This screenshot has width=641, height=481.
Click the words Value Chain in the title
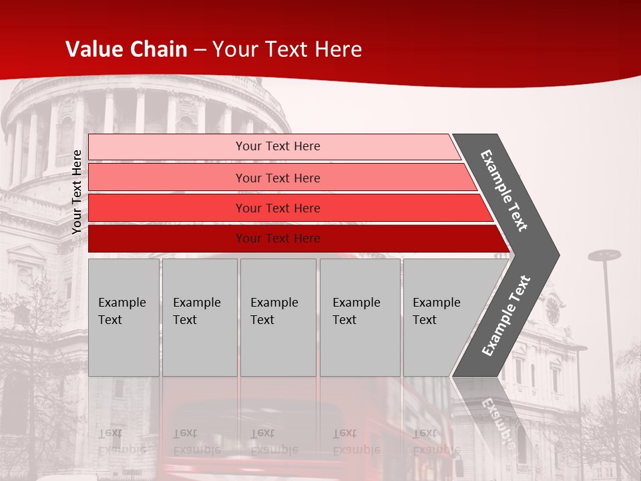(126, 49)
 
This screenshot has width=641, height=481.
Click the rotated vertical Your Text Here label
(77, 192)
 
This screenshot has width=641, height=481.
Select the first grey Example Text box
(124, 317)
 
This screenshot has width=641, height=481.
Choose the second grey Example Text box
(200, 317)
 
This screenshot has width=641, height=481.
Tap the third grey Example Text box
(278, 317)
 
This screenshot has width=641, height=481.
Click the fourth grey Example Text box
(360, 317)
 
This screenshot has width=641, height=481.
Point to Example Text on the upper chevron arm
(504, 190)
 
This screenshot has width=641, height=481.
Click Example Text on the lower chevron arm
(506, 316)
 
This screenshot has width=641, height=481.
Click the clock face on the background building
(553, 310)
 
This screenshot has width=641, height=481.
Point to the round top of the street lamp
(604, 255)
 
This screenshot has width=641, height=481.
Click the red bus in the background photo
(267, 434)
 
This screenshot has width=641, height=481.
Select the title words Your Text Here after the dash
(287, 49)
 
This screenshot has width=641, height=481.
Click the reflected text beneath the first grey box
(122, 441)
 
